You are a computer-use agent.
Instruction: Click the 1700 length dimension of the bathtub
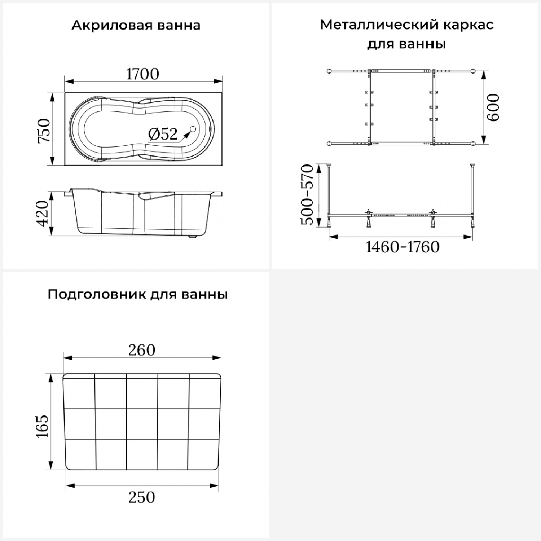(142, 74)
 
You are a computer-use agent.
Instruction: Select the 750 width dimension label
(44, 131)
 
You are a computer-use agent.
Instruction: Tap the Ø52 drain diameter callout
(163, 134)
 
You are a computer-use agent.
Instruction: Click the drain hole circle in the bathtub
(192, 129)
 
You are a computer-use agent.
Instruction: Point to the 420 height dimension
(43, 214)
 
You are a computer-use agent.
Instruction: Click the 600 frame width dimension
(493, 107)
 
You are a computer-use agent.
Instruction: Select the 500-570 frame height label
(307, 194)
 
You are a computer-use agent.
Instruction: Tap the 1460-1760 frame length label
(403, 247)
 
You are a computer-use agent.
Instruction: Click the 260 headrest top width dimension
(142, 350)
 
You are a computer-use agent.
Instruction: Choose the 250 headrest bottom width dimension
(142, 497)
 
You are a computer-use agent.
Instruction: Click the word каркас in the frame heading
(469, 25)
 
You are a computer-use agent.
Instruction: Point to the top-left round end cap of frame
(329, 71)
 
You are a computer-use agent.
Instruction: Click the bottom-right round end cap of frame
(473, 144)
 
